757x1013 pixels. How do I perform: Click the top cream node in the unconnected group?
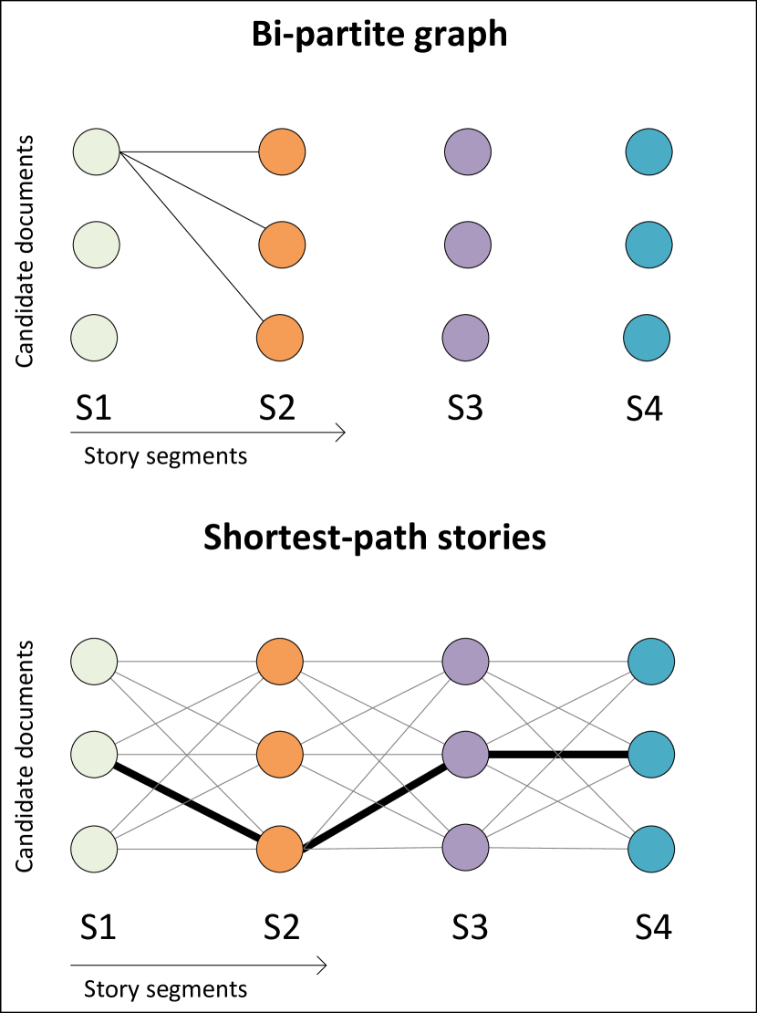click(x=97, y=151)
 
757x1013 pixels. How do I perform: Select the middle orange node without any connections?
click(x=282, y=245)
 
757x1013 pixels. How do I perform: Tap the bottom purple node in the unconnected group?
click(x=465, y=338)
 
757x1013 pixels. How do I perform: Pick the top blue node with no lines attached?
click(x=648, y=151)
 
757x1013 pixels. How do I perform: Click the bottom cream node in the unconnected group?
click(x=94, y=338)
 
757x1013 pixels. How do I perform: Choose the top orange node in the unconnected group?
click(x=282, y=151)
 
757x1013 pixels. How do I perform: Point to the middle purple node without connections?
click(x=468, y=245)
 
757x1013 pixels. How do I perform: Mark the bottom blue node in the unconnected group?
click(x=647, y=338)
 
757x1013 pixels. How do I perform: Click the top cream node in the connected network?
click(x=94, y=662)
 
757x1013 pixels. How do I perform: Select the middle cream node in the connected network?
click(x=94, y=755)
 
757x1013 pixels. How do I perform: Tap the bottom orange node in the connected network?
click(x=280, y=849)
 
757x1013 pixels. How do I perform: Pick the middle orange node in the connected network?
click(x=280, y=755)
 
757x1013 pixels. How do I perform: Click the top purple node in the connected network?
click(x=465, y=662)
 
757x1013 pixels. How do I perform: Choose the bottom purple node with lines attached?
click(x=465, y=847)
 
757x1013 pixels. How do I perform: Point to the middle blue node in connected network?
click(x=651, y=755)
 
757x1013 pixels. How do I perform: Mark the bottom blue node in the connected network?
click(x=651, y=849)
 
